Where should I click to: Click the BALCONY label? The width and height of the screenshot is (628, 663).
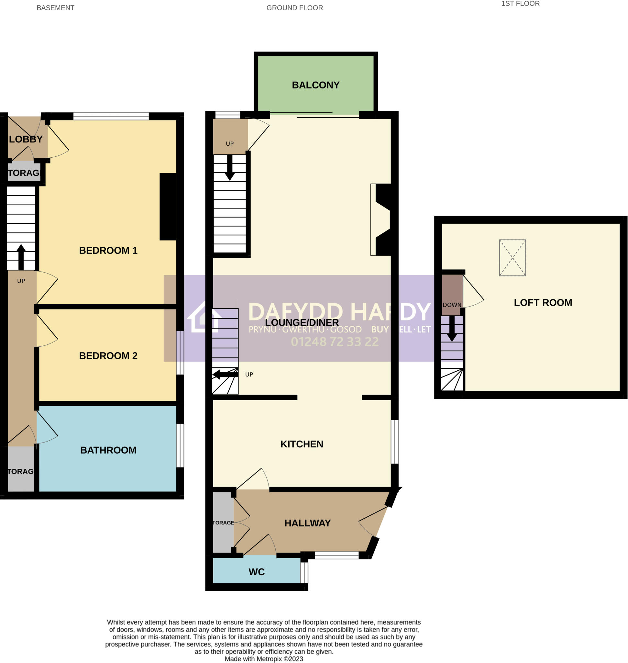point(315,85)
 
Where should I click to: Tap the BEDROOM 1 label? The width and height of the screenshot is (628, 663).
point(108,251)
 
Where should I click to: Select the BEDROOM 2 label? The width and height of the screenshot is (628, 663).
point(108,356)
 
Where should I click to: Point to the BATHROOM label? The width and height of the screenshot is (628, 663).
point(108,450)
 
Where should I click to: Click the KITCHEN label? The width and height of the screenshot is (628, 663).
point(302,444)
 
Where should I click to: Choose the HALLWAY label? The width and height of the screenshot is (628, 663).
point(307,523)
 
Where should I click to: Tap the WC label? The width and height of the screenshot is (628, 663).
point(257,572)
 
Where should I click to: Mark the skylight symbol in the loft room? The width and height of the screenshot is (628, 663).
point(512,258)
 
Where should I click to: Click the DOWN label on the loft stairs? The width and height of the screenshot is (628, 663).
point(452,305)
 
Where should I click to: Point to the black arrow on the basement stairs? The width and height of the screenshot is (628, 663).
point(21,257)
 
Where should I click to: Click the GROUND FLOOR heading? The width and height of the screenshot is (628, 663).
point(294,8)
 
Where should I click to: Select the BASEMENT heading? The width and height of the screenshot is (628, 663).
point(55,8)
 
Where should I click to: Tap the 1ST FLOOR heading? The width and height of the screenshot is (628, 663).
point(520,4)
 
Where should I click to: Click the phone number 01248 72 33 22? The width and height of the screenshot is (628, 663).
point(335,342)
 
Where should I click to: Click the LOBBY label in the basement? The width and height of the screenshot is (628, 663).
point(26,140)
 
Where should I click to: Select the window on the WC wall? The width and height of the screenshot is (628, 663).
point(304,573)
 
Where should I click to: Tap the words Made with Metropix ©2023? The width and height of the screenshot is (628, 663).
point(263,659)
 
